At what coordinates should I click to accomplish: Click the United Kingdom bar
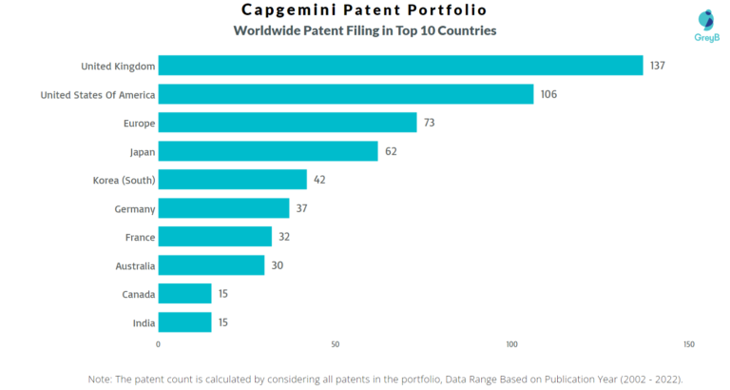tap(400, 66)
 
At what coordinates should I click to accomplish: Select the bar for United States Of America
tap(345, 94)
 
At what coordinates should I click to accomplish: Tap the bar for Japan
tap(267, 151)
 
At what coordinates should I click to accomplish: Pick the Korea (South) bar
tap(232, 180)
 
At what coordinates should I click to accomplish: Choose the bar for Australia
tap(211, 265)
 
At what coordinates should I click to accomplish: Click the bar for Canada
tap(184, 294)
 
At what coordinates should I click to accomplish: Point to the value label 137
tap(659, 66)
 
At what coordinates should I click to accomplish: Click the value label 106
tap(548, 94)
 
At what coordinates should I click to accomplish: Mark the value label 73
tap(431, 123)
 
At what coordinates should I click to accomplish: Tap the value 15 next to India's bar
tap(222, 322)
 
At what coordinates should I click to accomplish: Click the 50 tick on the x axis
tap(335, 344)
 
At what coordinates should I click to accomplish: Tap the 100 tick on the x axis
tap(511, 344)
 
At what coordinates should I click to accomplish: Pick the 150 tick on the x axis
tap(688, 344)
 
